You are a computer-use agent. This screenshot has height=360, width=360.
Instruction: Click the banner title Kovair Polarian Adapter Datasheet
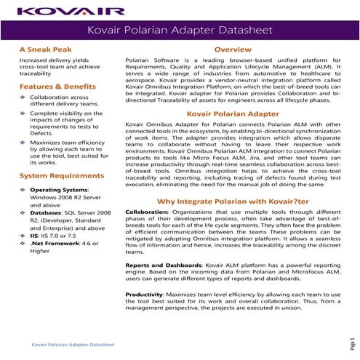point(180,31)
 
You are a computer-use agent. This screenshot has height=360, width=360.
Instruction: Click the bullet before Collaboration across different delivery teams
point(23,97)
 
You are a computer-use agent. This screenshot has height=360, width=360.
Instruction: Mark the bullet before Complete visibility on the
point(23,115)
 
